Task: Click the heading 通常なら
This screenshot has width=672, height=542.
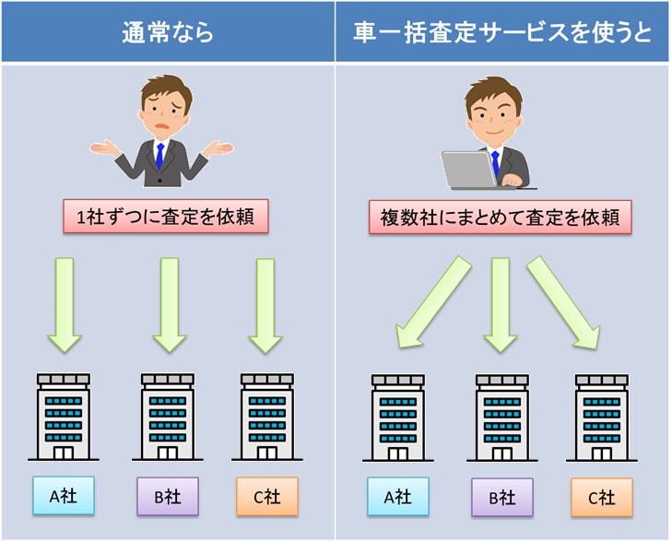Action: click(x=167, y=33)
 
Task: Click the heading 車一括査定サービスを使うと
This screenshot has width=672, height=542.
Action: click(x=502, y=33)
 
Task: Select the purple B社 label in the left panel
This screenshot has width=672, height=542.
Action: click(x=167, y=497)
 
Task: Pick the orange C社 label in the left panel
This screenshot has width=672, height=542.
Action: click(x=266, y=497)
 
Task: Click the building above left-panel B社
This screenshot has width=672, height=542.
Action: click(x=167, y=416)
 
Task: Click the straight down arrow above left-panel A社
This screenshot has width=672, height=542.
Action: click(x=64, y=304)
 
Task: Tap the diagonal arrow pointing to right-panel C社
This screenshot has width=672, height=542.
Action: click(x=563, y=303)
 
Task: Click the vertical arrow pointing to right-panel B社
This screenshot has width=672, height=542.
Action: click(x=501, y=304)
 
